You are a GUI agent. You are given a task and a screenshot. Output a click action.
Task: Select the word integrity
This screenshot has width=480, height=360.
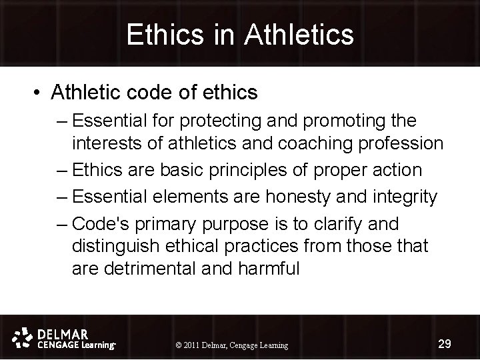click(403, 197)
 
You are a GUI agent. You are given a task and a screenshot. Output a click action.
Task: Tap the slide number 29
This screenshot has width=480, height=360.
click(445, 344)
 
